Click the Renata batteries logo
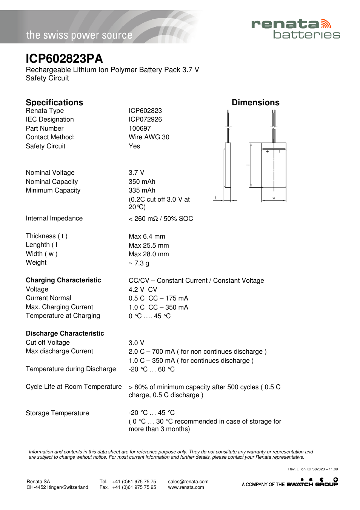(295, 29)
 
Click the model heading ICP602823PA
(64, 59)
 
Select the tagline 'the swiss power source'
(79, 35)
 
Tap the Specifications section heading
(54, 102)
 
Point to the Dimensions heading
(255, 102)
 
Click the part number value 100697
(140, 128)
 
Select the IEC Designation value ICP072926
(145, 119)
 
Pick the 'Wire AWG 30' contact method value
(149, 137)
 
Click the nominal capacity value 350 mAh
(142, 182)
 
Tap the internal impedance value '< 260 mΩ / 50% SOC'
(161, 219)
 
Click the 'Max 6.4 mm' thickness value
(147, 236)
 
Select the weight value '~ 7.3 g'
(139, 263)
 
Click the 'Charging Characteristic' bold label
(63, 280)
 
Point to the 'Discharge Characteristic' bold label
(65, 333)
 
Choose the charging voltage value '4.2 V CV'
(143, 290)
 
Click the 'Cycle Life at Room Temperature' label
(74, 387)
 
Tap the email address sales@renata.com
(188, 482)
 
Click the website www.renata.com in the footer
(186, 487)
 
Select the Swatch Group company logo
(312, 482)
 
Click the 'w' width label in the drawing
(274, 198)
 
